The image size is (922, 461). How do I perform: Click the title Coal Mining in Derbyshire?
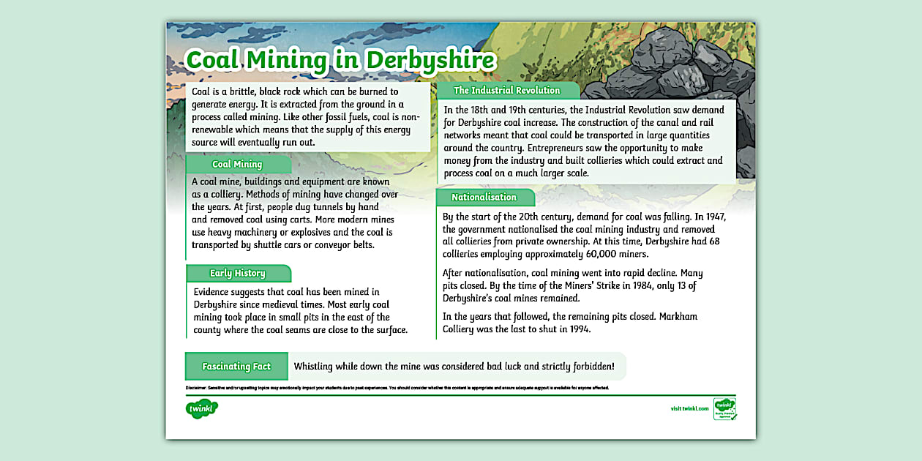coord(340,60)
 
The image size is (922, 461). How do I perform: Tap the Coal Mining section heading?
coord(237,165)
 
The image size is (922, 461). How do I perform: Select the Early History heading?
coord(237,274)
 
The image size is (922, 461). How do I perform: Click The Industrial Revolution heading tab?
coord(506,91)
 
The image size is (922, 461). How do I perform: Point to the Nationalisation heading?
coord(484,198)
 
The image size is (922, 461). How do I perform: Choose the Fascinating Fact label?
coord(236,367)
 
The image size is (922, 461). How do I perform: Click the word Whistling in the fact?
coord(319,367)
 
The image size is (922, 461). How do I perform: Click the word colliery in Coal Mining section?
coord(220,195)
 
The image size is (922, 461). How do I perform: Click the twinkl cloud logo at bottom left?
coord(202,408)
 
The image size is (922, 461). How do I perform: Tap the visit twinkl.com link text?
coord(689,408)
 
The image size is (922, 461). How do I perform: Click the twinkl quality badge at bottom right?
coord(724,409)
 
